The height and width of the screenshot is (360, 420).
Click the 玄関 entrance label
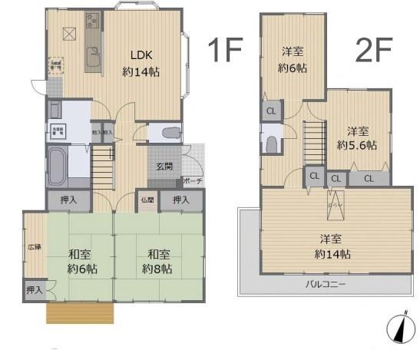(165, 167)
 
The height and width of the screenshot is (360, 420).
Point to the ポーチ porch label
(192, 181)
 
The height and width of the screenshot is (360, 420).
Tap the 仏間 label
(147, 200)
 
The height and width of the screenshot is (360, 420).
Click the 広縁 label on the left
(35, 247)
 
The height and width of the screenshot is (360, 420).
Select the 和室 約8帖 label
(158, 261)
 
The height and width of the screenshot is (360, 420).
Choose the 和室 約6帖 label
(80, 261)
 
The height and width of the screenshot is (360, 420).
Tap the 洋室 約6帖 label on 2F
(292, 60)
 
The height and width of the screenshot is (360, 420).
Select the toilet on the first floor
(171, 133)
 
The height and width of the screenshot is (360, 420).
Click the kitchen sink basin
(94, 58)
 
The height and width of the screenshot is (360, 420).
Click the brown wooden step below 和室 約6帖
(80, 313)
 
